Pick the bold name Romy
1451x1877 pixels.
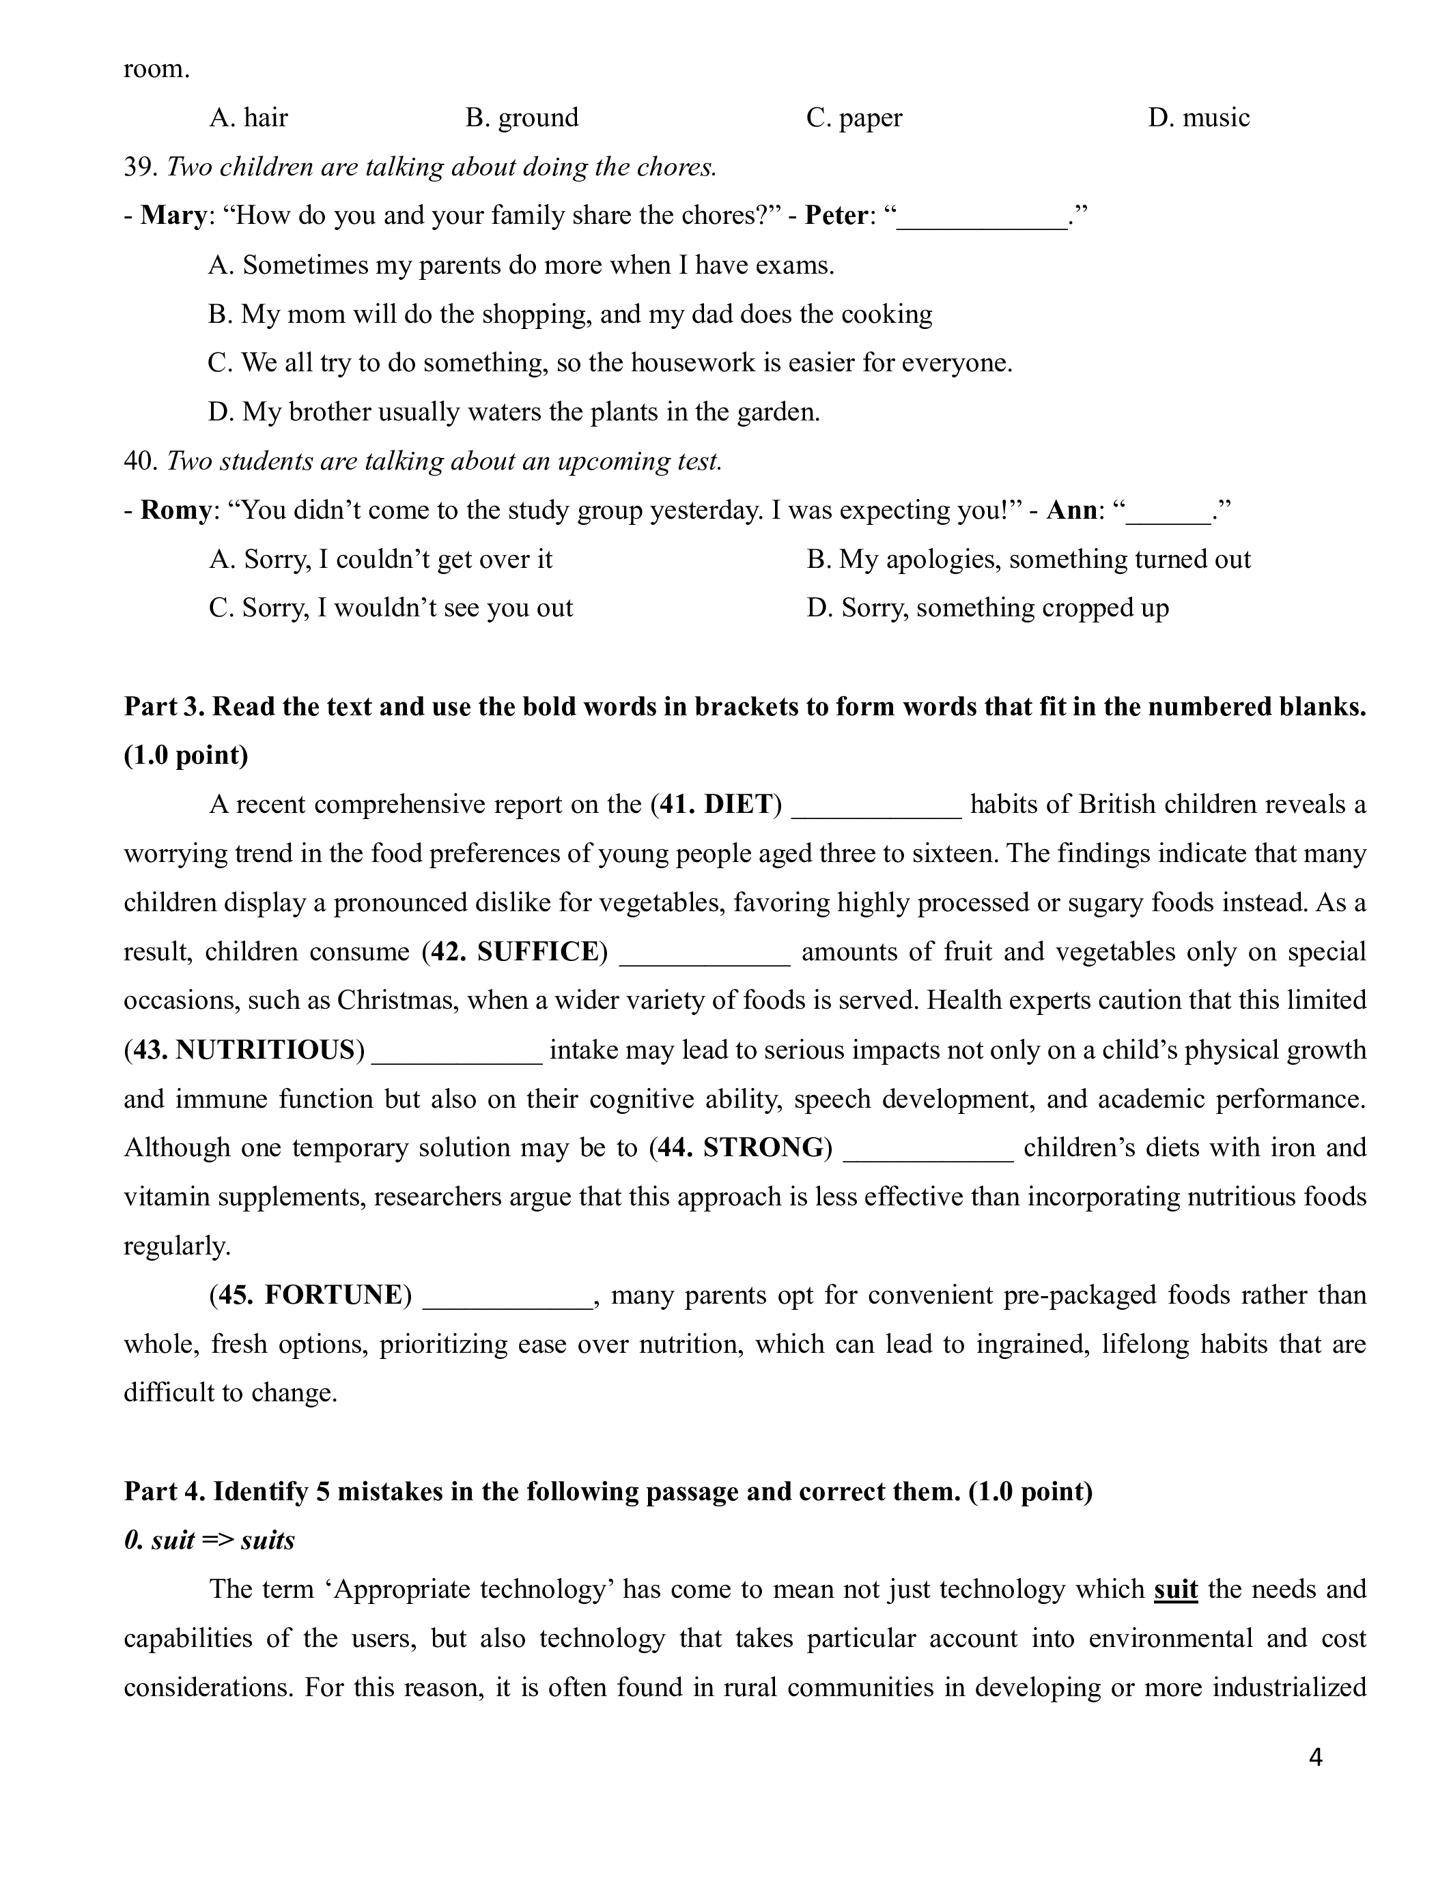(175, 510)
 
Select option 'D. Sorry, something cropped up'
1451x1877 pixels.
(987, 607)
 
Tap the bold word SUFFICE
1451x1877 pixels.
(537, 951)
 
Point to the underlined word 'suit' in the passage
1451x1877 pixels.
(1175, 1589)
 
